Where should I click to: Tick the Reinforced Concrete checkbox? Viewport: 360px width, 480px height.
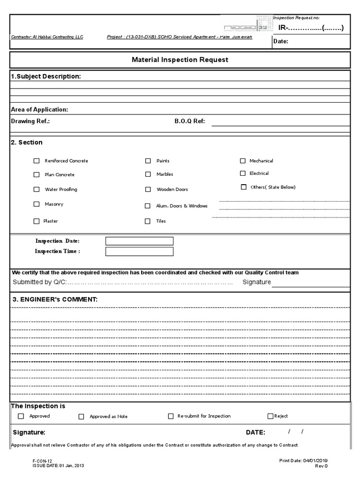click(37, 161)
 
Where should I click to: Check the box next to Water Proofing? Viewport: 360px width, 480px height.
click(37, 190)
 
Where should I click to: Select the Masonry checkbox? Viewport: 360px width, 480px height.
click(37, 204)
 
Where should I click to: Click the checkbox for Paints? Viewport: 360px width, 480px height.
click(148, 161)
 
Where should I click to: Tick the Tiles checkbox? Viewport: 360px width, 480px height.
click(148, 221)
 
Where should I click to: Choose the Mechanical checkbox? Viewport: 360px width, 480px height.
click(243, 161)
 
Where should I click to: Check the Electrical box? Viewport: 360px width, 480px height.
click(243, 173)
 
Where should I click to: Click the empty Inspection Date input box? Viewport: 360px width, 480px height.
click(139, 241)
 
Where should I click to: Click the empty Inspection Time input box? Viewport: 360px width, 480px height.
click(139, 252)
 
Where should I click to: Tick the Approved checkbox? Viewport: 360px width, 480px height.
click(21, 416)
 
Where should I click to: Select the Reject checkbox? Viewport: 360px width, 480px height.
click(270, 416)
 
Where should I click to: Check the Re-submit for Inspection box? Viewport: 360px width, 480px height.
click(171, 416)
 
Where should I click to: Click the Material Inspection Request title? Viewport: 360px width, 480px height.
click(180, 60)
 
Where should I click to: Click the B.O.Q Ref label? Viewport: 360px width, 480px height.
click(189, 121)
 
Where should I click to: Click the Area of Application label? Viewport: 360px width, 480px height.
click(39, 110)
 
